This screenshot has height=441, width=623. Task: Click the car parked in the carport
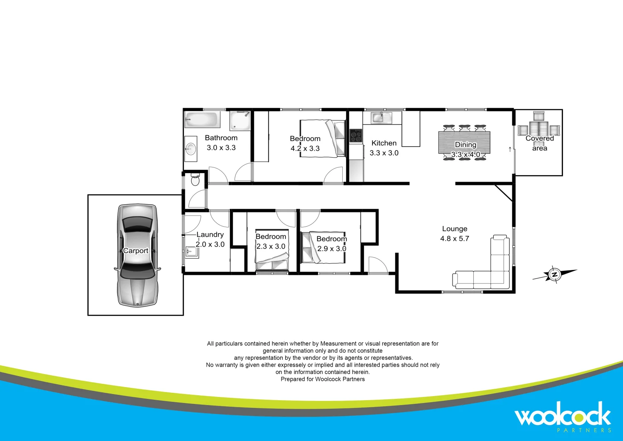click(x=137, y=255)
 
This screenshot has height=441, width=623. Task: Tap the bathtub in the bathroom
click(x=202, y=120)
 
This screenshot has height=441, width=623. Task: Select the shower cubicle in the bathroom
click(x=240, y=120)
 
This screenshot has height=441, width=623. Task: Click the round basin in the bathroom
click(x=191, y=147)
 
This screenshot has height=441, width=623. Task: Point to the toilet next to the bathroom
click(x=195, y=179)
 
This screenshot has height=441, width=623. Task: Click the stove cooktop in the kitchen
click(x=356, y=136)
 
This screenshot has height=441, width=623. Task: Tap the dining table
click(x=464, y=142)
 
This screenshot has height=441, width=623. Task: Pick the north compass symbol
click(x=554, y=275)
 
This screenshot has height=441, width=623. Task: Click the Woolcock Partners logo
click(x=563, y=416)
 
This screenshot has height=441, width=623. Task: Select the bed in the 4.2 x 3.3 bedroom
click(x=323, y=138)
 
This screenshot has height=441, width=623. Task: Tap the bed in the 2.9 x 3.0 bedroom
click(x=323, y=247)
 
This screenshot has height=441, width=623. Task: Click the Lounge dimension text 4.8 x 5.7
click(x=455, y=238)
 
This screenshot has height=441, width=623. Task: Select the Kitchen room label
click(x=384, y=143)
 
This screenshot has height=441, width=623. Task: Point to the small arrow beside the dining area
click(x=510, y=149)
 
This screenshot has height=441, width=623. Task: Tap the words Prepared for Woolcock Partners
click(x=323, y=379)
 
